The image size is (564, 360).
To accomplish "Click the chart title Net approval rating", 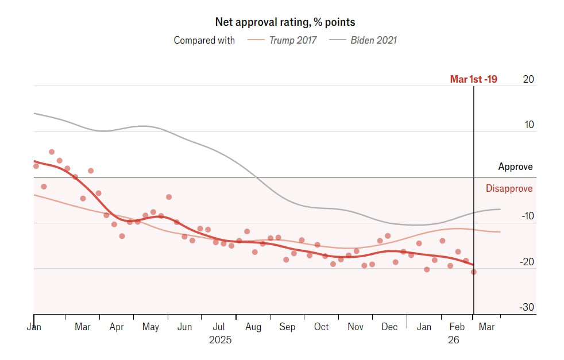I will click(x=285, y=22).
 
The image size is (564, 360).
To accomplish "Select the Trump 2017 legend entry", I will click(x=292, y=40).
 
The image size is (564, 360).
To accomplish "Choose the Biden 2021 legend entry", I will click(x=373, y=40).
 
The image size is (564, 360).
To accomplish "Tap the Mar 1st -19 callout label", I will click(x=473, y=79).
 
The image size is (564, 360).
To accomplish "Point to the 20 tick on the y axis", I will click(x=528, y=79).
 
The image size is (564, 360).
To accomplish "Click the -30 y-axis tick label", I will click(x=526, y=307).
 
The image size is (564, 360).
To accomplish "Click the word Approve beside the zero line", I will click(x=515, y=167).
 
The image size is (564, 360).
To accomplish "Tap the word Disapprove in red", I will click(x=509, y=188).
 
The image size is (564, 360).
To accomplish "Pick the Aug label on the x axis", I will click(x=253, y=327).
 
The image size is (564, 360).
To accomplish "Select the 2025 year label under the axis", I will click(x=220, y=340).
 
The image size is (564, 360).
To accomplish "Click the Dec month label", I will click(x=389, y=327).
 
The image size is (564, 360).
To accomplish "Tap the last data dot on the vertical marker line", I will click(x=474, y=272).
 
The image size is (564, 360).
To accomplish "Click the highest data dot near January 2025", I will click(x=52, y=152).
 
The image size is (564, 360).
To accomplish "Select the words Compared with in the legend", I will click(x=204, y=40).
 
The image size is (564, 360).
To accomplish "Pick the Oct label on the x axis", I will click(x=321, y=327).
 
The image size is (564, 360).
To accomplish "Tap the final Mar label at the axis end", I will click(x=486, y=327).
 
